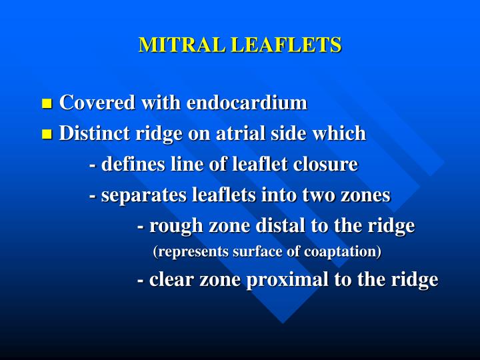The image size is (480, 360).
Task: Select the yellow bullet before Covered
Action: pyautogui.click(x=47, y=103)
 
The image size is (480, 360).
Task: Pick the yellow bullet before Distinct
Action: pyautogui.click(x=47, y=134)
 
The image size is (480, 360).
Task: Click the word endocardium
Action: pyautogui.click(x=247, y=103)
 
